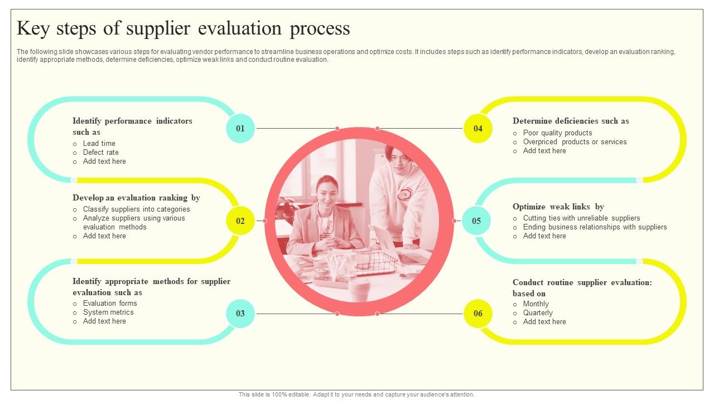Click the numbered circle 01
240,129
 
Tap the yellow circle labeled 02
240,221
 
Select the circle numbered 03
240,314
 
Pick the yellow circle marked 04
478,129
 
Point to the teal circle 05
476,221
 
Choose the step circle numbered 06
478,314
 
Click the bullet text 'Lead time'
99,144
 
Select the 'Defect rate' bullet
101,153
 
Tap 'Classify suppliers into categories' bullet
137,209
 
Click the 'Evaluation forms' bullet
110,304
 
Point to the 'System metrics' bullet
108,312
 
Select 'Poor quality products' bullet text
557,133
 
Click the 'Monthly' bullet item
536,304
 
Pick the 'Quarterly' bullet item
538,313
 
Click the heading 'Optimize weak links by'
558,207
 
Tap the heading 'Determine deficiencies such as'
571,121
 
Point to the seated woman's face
326,190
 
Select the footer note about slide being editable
356,394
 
